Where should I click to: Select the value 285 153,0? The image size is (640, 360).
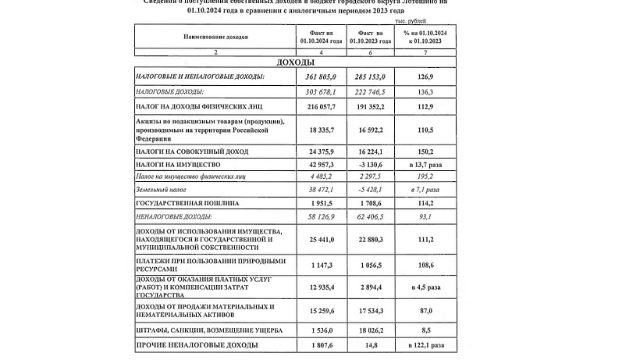coord(371,77)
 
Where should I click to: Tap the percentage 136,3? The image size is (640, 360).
coord(424,92)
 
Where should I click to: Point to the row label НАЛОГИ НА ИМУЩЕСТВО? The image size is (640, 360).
coord(179,166)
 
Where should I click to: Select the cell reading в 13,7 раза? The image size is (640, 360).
coord(424,166)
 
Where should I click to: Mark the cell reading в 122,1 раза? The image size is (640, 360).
coord(424,344)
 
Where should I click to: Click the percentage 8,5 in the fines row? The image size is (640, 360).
coord(424,330)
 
